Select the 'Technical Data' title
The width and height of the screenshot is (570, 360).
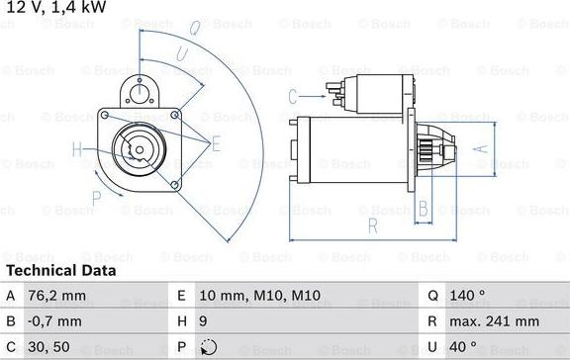[x=61, y=270]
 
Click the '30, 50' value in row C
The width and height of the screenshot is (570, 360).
[x=50, y=348]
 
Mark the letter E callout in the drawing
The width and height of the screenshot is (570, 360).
[x=216, y=143]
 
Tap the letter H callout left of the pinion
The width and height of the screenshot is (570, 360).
[x=77, y=150]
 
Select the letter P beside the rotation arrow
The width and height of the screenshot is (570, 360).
[x=96, y=210]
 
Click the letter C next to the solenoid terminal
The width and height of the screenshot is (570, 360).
[x=293, y=96]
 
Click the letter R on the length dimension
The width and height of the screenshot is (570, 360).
[x=372, y=225]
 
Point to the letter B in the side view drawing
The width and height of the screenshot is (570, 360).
[x=423, y=208]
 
